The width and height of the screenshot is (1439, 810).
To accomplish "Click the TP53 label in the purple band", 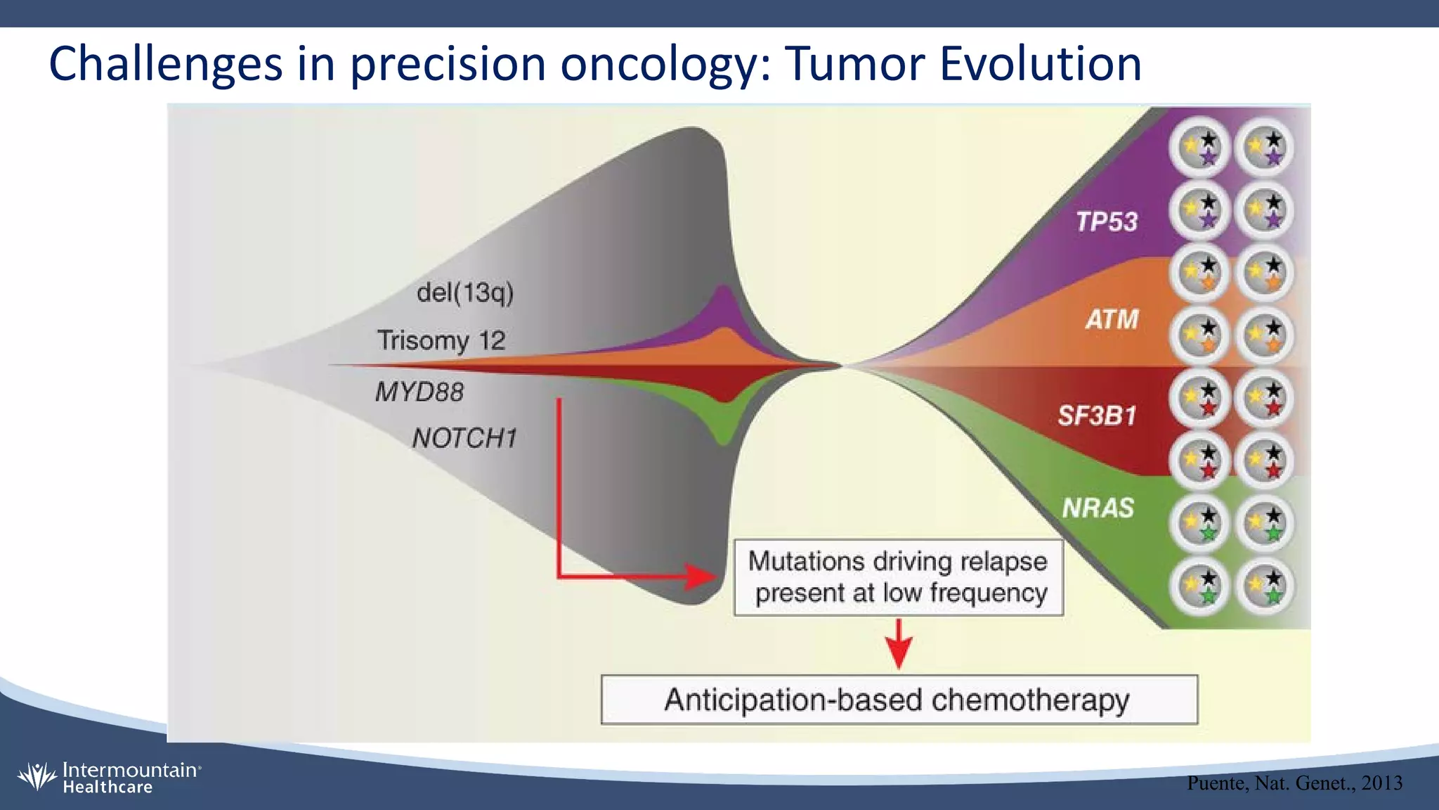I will [1107, 222].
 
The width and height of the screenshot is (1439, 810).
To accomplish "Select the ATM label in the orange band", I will [1112, 320].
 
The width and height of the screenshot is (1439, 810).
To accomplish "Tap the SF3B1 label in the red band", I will [1097, 416].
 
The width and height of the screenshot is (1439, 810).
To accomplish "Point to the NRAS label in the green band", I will [1098, 508].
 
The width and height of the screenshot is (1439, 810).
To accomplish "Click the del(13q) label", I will [465, 292].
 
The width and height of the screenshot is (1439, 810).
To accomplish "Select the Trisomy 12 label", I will [441, 340].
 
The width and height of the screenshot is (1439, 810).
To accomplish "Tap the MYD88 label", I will [419, 392].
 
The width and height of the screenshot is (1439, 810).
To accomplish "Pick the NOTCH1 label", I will [464, 438].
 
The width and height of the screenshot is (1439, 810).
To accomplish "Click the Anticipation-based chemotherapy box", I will [899, 700].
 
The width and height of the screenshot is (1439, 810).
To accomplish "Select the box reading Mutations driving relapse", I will [898, 577].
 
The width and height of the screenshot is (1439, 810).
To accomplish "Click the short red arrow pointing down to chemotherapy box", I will [899, 643].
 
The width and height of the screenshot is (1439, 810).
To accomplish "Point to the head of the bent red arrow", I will [703, 577].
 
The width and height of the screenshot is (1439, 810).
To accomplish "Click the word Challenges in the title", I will [166, 64].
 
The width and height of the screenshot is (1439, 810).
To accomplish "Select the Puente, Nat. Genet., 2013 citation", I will [1294, 783].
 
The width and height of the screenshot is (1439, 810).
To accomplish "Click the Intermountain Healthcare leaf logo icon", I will [37, 777].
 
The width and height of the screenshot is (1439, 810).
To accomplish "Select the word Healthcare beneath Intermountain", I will [108, 787].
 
